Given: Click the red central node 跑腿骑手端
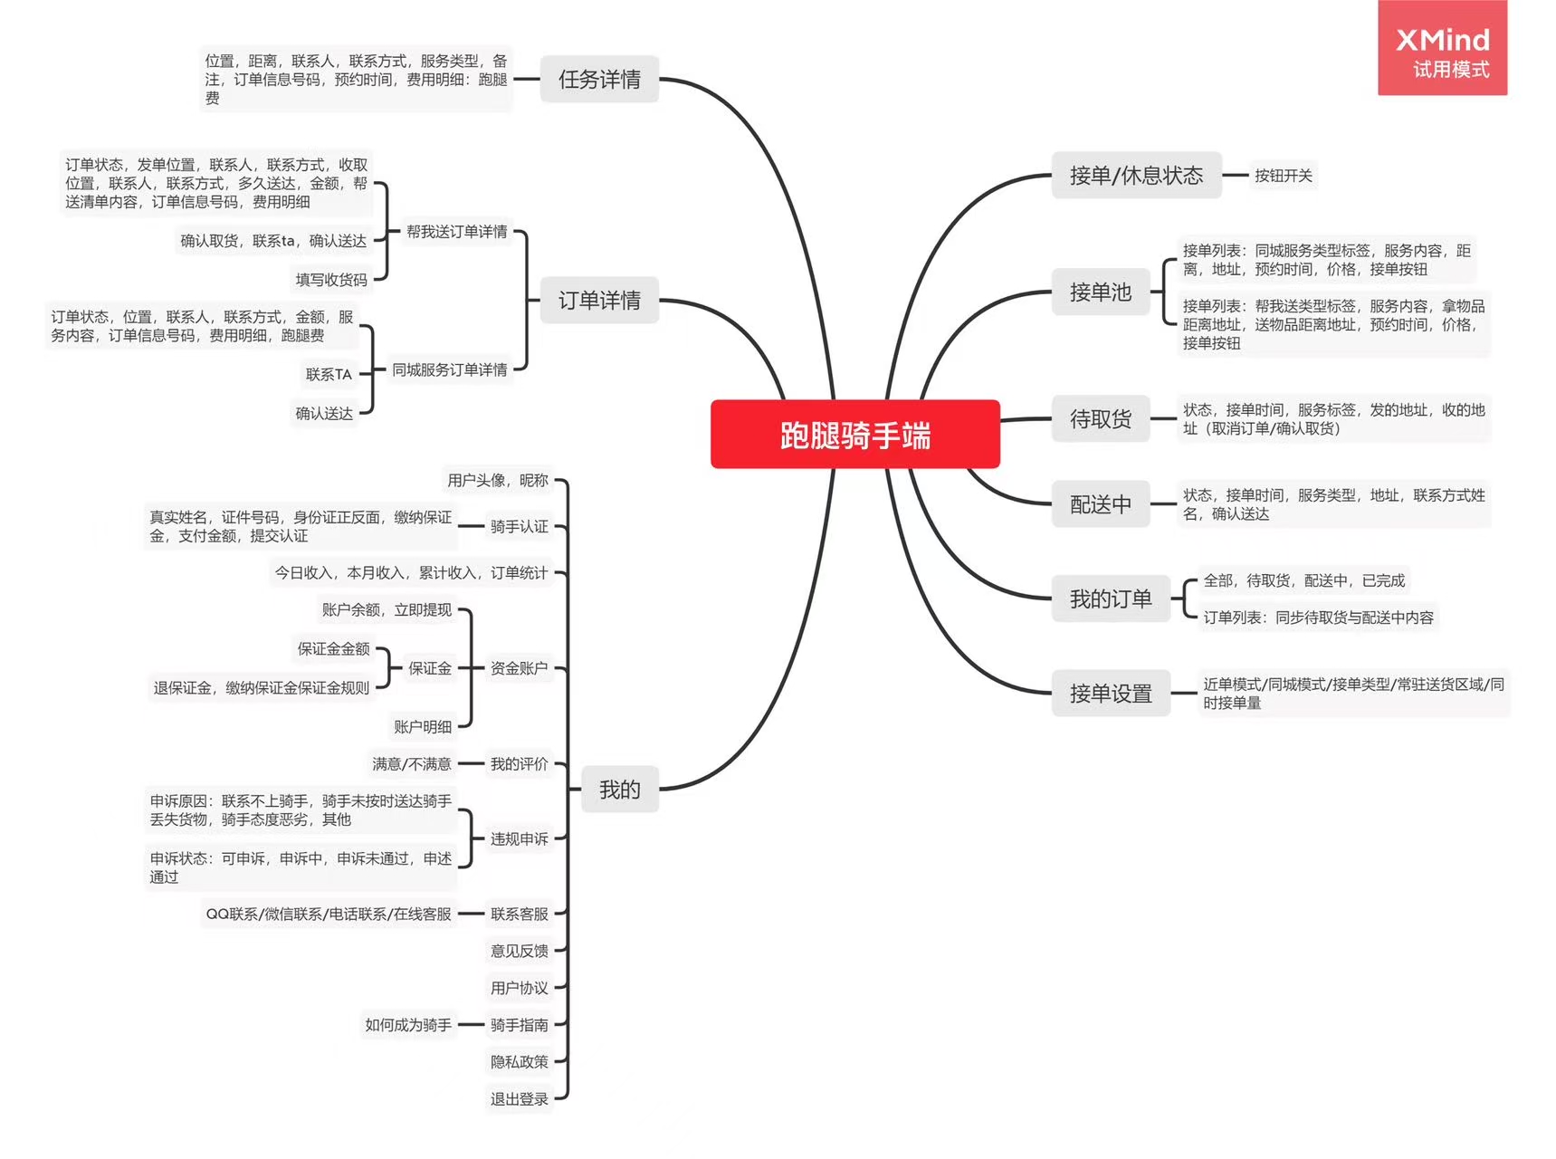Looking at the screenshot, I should tap(854, 435).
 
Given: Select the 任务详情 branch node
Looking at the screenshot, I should tap(599, 80).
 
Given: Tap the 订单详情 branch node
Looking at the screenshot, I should tap(599, 301).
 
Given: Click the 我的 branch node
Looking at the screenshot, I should tap(619, 790).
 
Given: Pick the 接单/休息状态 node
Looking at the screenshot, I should tap(1136, 176).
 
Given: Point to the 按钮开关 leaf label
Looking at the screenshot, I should tap(1283, 176).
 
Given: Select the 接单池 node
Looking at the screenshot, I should tap(1100, 292).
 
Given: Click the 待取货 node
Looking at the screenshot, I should tap(1100, 419).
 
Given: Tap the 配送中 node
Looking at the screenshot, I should tap(1100, 504).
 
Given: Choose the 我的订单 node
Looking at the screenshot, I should tap(1110, 599).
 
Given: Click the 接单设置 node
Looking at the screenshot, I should tap(1110, 694).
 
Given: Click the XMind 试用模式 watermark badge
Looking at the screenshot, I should tap(1442, 50).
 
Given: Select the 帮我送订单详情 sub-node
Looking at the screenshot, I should tap(456, 232).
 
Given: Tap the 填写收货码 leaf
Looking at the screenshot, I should tap(331, 280).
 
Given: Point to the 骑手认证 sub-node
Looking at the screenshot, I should tap(519, 526).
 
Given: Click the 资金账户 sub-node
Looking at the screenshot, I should tap(519, 668).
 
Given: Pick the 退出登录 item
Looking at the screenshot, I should tap(519, 1099).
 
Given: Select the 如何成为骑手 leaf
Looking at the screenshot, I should tap(407, 1025).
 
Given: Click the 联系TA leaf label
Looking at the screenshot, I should tap(328, 374).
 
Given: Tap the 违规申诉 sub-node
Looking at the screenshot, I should tap(519, 839).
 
